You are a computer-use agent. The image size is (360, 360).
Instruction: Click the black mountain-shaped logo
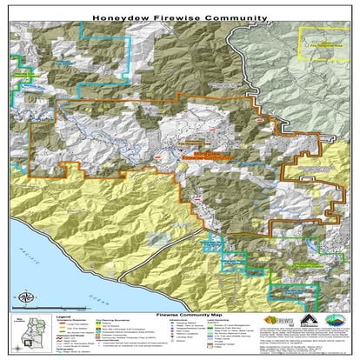point(305,319)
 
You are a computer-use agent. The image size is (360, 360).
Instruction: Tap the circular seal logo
point(333,320)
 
